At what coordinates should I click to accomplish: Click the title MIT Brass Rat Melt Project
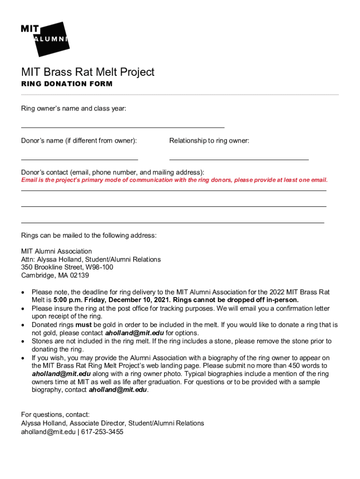[x=87, y=72]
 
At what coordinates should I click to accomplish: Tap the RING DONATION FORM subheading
[x=67, y=84]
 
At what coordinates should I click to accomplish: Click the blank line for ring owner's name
[x=122, y=127]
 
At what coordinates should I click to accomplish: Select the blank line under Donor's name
[x=79, y=160]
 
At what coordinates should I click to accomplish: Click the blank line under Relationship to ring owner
[x=239, y=160]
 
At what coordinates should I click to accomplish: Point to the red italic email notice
[x=174, y=180]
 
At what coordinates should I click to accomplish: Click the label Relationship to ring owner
[x=209, y=141]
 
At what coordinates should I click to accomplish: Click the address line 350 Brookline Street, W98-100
[x=67, y=267]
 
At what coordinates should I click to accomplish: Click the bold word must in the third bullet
[x=83, y=325]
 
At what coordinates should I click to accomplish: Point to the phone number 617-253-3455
[x=102, y=432]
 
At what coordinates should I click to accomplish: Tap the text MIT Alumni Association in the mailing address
[x=57, y=251]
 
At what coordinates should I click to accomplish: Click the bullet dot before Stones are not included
[x=23, y=341]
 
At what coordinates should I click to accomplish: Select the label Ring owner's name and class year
[x=73, y=109]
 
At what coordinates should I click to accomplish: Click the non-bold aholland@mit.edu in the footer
[x=48, y=432]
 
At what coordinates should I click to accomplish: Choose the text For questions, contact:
[x=55, y=414]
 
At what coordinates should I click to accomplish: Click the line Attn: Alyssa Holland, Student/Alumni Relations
[x=91, y=259]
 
